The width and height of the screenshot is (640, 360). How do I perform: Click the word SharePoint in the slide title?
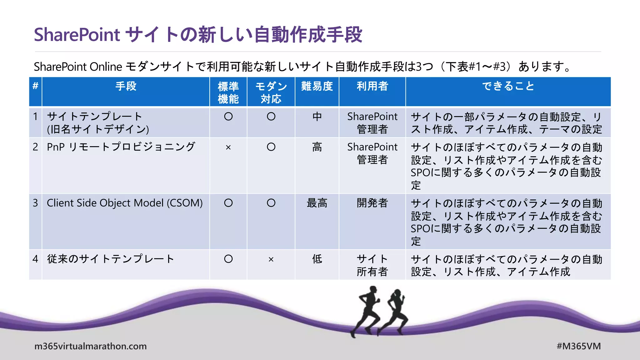point(77,34)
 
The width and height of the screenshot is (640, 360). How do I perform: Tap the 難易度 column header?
point(317,86)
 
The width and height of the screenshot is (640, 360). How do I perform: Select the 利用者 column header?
point(372,86)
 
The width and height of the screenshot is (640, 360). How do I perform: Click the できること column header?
point(508,86)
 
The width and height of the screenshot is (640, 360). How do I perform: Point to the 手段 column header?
point(126,86)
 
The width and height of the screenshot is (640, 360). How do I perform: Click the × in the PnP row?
point(228,147)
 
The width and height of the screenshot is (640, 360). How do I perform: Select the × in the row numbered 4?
point(271,259)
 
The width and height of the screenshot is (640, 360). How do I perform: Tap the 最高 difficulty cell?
point(317,203)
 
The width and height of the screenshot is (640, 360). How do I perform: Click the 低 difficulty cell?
point(317,259)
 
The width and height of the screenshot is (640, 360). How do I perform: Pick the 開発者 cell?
point(372,203)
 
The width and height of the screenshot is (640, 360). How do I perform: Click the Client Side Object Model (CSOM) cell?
point(125,203)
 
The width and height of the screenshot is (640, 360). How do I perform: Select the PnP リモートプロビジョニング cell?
point(121,147)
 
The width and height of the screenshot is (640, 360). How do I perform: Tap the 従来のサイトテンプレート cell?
point(110,259)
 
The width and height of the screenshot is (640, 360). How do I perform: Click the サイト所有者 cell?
point(372,265)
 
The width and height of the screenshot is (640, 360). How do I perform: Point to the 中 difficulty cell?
point(317,117)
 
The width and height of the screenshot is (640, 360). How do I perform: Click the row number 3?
point(35,203)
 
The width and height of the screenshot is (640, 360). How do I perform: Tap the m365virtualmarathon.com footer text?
point(90,346)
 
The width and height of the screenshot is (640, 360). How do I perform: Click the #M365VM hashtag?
point(579,346)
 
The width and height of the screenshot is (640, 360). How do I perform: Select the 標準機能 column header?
point(228,92)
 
